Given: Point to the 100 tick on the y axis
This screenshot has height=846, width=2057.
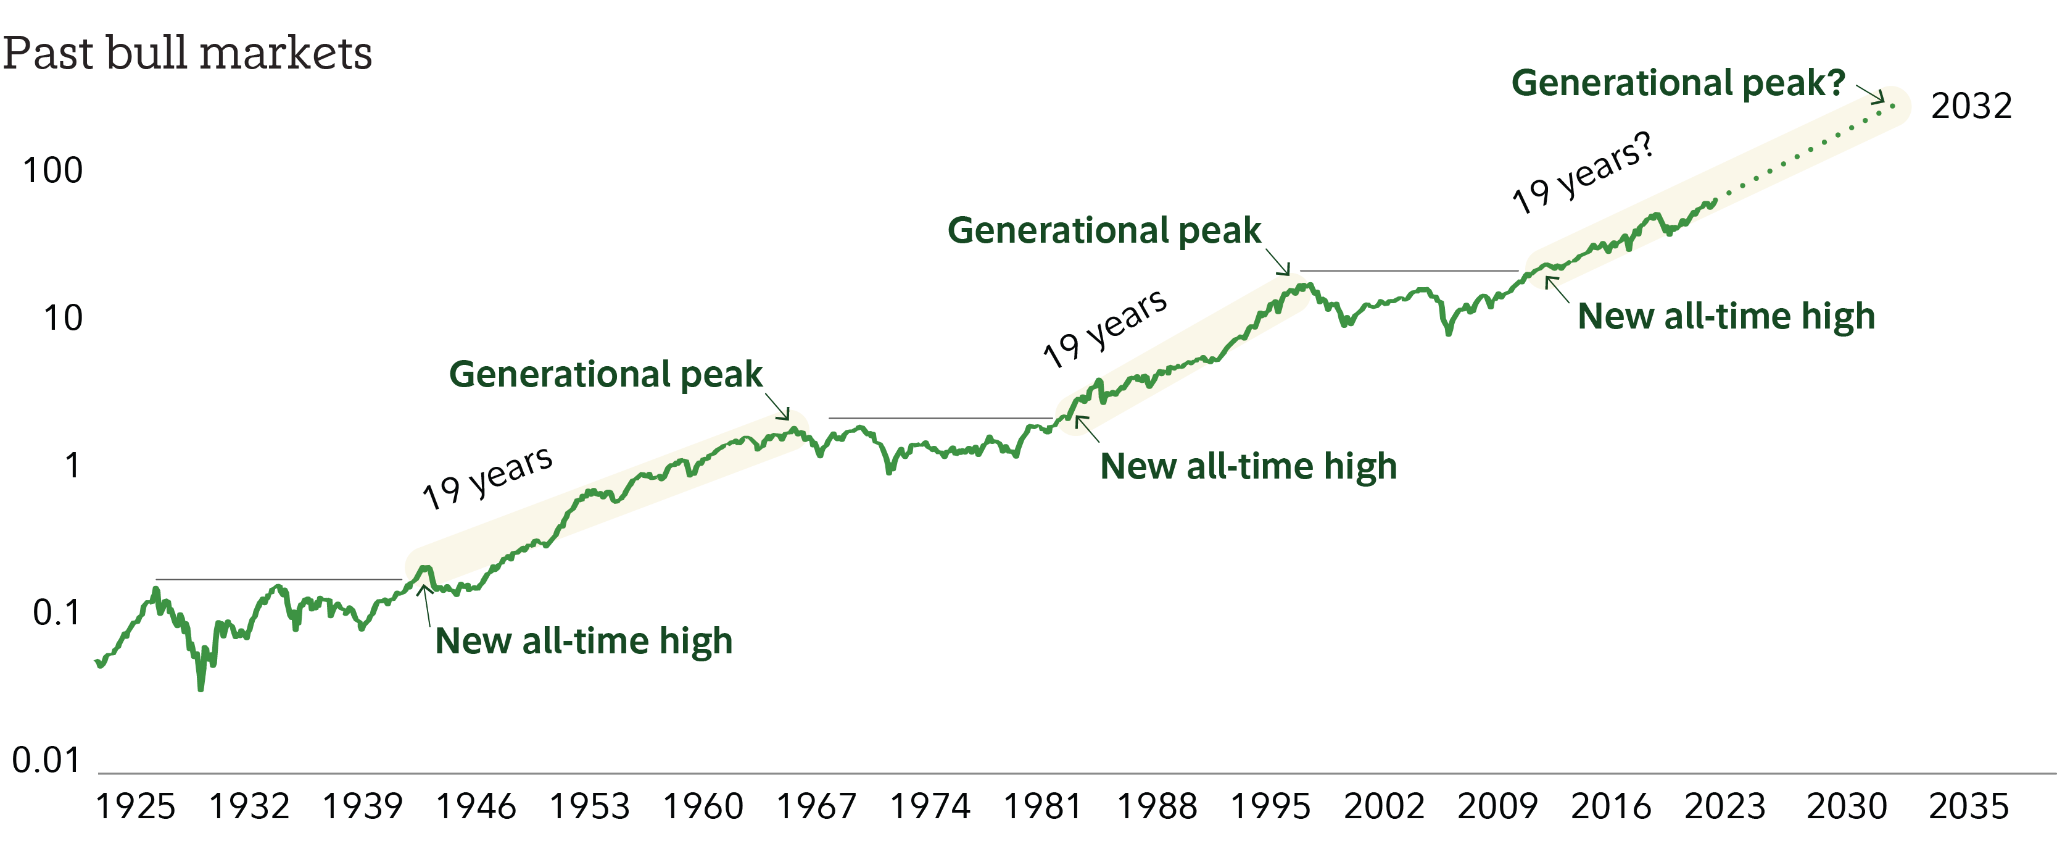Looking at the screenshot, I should (52, 170).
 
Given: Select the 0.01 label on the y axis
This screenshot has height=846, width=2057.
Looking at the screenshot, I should (46, 760).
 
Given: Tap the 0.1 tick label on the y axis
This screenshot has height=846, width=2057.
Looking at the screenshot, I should (56, 613).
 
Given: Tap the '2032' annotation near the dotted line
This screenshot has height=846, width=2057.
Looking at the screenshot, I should (1971, 106).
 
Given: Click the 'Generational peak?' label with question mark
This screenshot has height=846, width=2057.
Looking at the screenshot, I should (1678, 83).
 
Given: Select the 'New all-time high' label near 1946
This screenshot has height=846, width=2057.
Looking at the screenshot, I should (584, 641).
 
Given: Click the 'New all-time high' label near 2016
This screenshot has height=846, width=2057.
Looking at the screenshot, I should (1726, 316).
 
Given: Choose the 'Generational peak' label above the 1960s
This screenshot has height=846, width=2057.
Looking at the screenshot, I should (605, 374).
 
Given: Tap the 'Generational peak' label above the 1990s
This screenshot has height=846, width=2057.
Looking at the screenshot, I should (1104, 230).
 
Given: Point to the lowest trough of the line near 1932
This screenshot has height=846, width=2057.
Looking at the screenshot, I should (201, 688).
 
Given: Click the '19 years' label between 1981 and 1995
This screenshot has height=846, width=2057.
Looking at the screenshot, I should (1104, 329).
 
